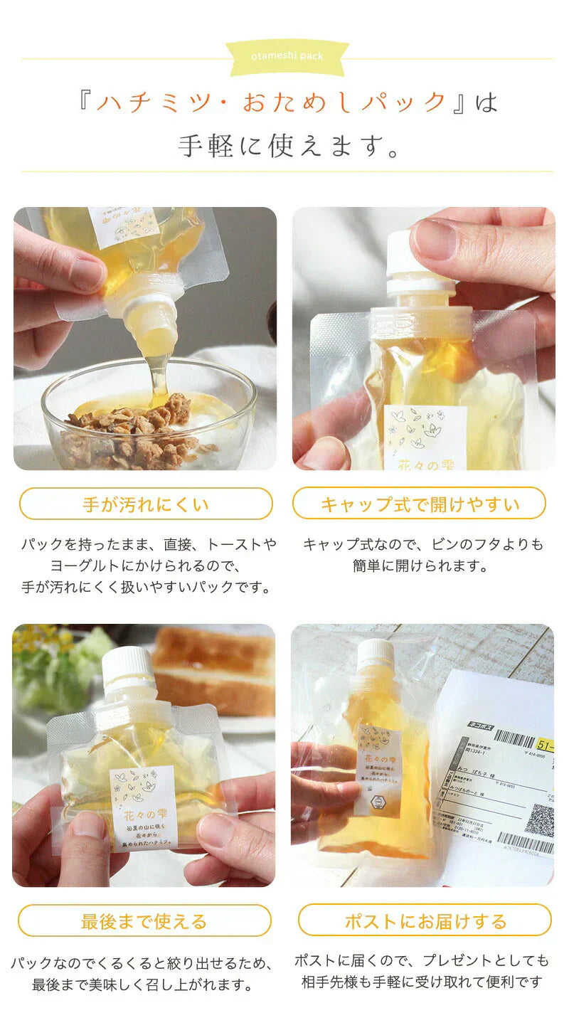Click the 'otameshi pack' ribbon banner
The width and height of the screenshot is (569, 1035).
[287, 56]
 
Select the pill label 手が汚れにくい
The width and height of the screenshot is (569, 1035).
[146, 504]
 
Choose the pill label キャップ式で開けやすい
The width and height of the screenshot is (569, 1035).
[420, 504]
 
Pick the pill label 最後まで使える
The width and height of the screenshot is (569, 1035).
[144, 921]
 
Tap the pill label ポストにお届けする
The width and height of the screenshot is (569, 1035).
[425, 921]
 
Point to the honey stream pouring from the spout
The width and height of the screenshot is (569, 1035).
[159, 377]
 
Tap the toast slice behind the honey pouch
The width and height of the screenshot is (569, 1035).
[213, 669]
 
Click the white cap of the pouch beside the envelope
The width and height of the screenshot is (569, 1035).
[376, 654]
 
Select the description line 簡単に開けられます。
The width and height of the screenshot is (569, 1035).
[420, 566]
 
